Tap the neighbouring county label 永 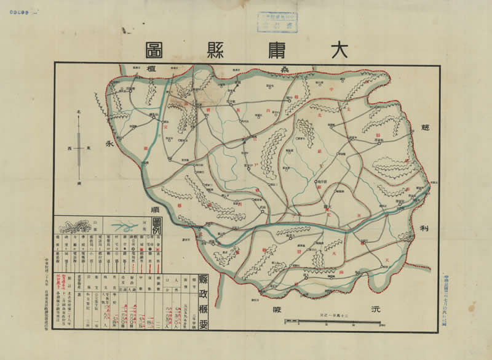(x=111, y=145)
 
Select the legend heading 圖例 (x=156, y=223)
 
